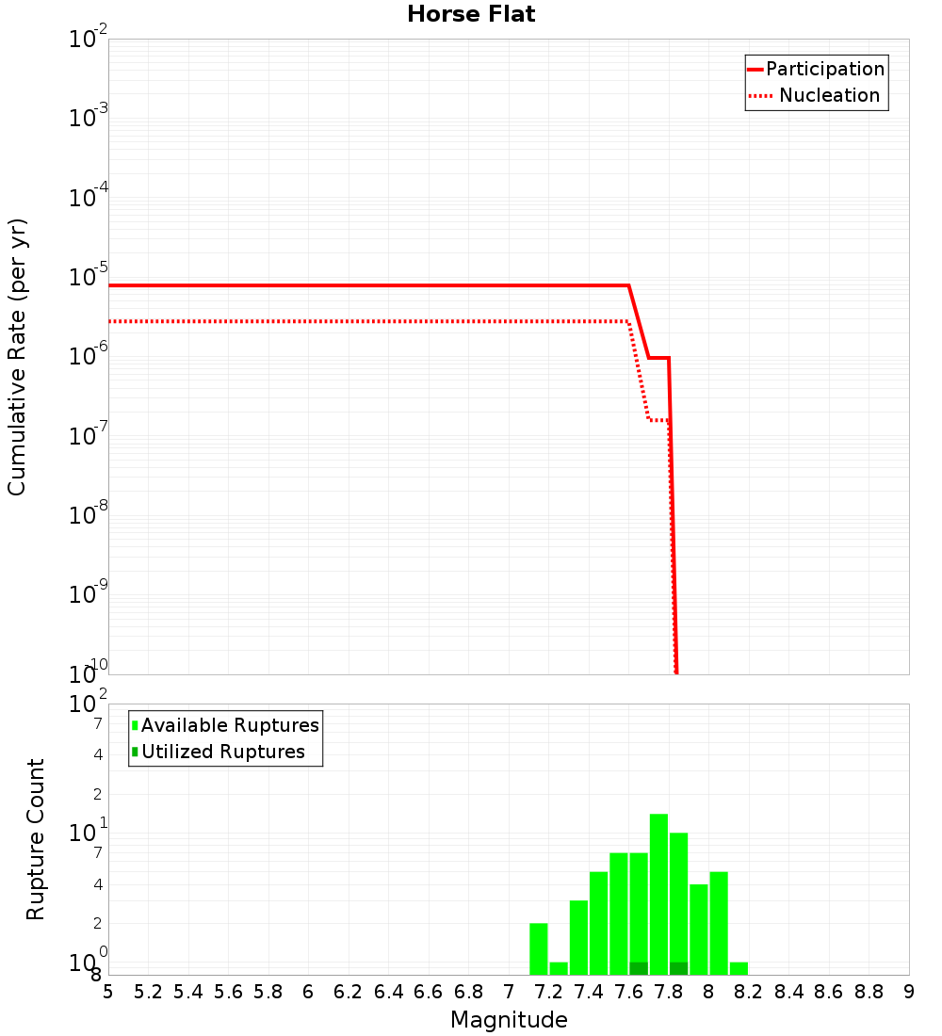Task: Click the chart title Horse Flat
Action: tap(471, 15)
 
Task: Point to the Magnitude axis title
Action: tap(509, 1020)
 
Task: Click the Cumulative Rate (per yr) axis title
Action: tap(17, 357)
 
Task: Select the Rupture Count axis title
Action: tap(36, 838)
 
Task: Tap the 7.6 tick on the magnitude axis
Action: tap(628, 991)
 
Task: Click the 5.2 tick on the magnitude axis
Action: tap(148, 991)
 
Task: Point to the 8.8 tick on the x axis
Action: tap(869, 991)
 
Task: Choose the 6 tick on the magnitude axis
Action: tap(308, 991)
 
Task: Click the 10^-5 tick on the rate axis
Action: tap(89, 278)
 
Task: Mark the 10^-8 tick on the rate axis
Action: tap(89, 515)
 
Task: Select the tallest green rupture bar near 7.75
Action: tap(658, 893)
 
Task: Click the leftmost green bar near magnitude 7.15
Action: tap(539, 948)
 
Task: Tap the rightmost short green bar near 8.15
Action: tap(739, 968)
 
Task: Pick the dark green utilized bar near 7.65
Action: tap(639, 968)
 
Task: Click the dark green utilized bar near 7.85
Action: tap(678, 968)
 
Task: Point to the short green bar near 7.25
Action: tap(559, 968)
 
